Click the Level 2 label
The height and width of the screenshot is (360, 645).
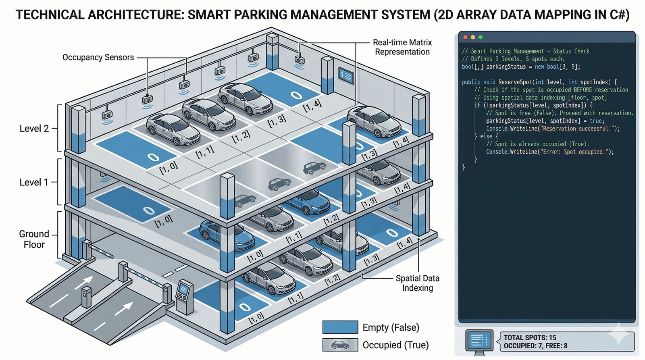34,129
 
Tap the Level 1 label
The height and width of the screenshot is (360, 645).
34,182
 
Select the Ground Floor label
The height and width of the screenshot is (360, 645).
34,239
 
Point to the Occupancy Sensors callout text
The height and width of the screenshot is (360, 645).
98,57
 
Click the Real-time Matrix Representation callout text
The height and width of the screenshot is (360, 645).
402,47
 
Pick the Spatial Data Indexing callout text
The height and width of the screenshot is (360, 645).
417,283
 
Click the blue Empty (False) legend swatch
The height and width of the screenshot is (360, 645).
340,327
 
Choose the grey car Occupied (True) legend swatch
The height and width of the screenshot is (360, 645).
340,345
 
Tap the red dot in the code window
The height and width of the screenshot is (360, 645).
466,37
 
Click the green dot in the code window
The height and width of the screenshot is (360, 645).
480,37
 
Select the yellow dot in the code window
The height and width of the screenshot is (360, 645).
473,37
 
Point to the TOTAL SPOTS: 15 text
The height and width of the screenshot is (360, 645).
530,337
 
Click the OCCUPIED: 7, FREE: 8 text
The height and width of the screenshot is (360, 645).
535,346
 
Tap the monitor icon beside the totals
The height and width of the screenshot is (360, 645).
479,341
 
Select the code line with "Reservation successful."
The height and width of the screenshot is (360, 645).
553,129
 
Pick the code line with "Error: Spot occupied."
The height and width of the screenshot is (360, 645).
550,152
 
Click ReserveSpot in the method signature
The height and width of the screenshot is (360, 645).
515,82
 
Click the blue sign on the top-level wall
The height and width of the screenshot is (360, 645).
346,76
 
